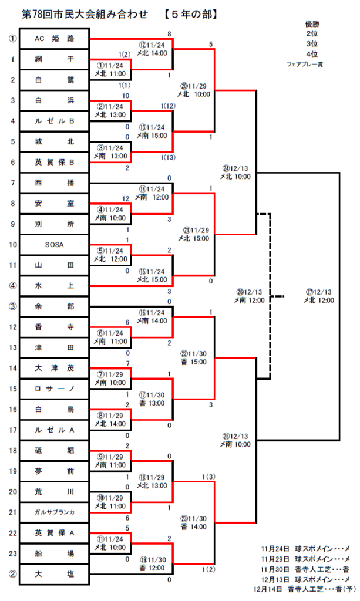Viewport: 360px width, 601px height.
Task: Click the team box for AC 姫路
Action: point(55,39)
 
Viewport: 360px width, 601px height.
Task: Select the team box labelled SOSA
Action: point(55,244)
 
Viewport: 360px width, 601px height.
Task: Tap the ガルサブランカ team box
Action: point(55,512)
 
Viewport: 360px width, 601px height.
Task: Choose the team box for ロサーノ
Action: point(55,388)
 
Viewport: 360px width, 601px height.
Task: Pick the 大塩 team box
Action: point(55,573)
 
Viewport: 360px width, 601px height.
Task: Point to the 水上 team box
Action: point(55,286)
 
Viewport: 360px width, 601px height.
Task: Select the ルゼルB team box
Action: point(55,121)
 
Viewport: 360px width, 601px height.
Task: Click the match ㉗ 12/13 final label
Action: point(319,296)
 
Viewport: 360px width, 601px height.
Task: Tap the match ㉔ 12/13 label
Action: point(235,171)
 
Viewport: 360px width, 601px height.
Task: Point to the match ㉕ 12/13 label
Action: point(235,440)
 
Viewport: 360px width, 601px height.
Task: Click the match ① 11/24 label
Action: point(110,69)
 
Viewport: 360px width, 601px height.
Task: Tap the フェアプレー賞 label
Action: point(304,63)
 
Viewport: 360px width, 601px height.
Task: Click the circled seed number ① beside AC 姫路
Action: point(12,39)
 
